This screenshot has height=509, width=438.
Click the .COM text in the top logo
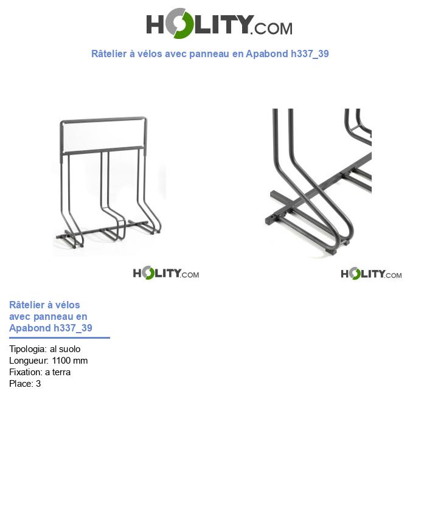coord(273,28)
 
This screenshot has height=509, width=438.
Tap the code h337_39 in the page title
coord(310,54)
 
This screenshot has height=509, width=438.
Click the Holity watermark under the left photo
coord(165,274)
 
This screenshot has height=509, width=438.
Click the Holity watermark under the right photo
coord(371,274)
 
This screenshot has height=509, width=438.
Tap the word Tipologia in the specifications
coord(27,349)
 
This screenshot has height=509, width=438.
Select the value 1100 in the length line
coord(62,361)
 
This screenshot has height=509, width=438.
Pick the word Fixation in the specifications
coord(25,372)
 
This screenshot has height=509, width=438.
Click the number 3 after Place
coord(38,384)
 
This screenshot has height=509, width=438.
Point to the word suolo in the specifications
coord(69,349)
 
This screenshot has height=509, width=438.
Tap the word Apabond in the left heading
coord(30,328)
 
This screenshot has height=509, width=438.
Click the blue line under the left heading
coord(60,338)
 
